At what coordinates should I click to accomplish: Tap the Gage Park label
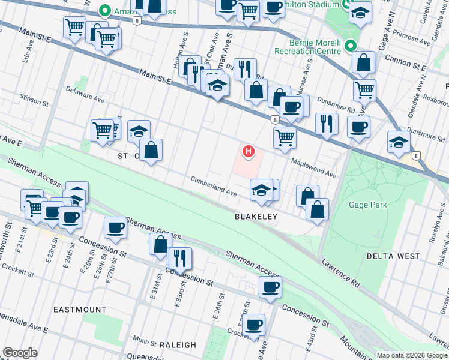click(x=368, y=205)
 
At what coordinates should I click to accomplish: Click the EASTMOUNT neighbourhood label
click(x=80, y=310)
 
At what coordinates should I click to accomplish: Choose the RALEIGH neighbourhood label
click(x=178, y=345)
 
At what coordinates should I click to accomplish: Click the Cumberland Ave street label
click(x=213, y=187)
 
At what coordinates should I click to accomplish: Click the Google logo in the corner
click(x=20, y=353)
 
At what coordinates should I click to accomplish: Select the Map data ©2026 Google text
click(x=411, y=355)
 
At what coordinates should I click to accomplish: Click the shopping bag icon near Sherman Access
click(x=160, y=244)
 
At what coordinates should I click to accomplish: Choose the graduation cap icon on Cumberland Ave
click(x=261, y=190)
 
